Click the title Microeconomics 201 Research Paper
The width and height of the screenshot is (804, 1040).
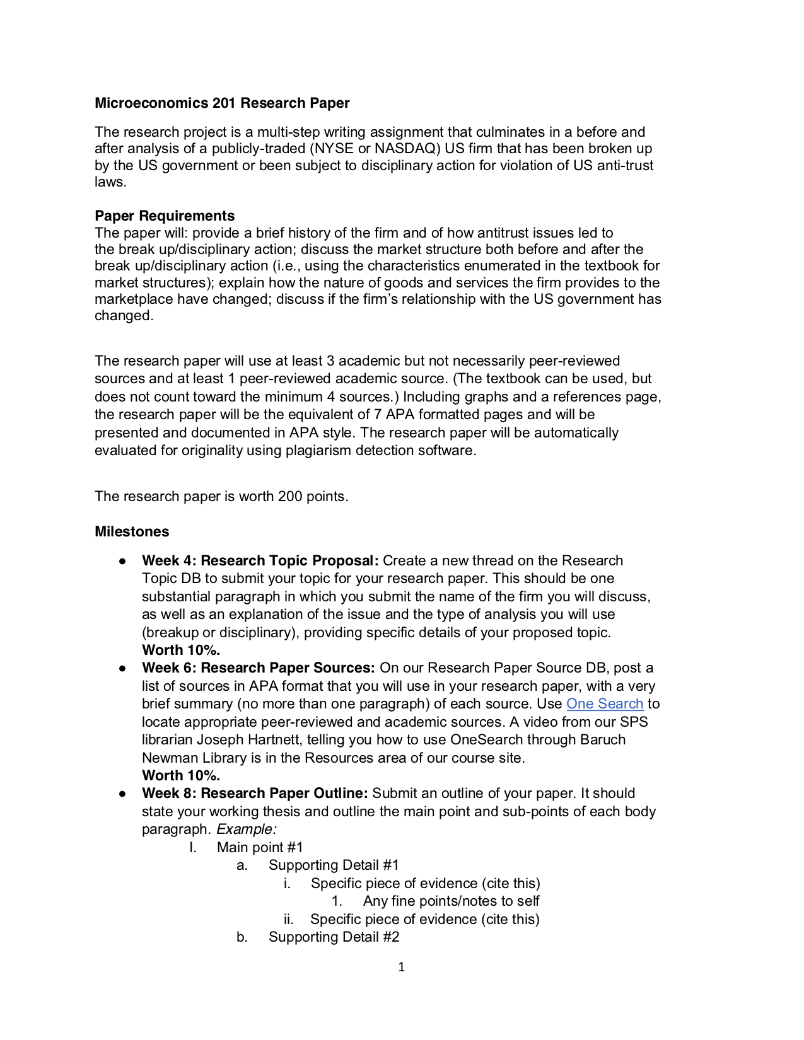(222, 103)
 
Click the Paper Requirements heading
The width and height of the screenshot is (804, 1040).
(165, 216)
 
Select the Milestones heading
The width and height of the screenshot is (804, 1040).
(132, 531)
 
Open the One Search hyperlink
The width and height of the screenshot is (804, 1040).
(604, 703)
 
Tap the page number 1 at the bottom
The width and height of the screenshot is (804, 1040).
(402, 967)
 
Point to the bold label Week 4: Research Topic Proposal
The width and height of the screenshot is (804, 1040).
(260, 560)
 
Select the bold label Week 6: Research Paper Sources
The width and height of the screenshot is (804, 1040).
(259, 667)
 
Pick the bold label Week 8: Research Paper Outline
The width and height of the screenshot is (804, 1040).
(255, 793)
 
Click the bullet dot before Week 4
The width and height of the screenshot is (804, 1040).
(123, 561)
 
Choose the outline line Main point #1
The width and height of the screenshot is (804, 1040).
(260, 847)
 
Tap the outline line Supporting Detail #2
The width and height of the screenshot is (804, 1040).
(334, 937)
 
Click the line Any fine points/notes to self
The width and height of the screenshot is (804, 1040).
(451, 901)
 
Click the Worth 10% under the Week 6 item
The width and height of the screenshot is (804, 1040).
(181, 775)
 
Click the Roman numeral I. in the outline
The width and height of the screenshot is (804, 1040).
(193, 847)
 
